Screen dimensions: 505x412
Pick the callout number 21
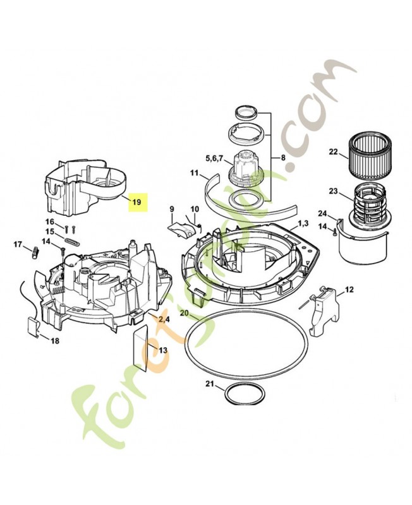point(210,384)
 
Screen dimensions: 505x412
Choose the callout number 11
point(195,173)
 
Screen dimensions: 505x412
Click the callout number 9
point(171,209)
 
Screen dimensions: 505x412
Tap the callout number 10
point(195,209)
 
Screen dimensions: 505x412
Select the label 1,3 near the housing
point(303,223)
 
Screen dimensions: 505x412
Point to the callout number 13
point(163,350)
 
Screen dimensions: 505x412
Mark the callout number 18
point(55,342)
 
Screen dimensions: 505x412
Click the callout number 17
point(18,244)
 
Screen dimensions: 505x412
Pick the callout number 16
point(50,222)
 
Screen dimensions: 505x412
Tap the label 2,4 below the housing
point(164,320)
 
